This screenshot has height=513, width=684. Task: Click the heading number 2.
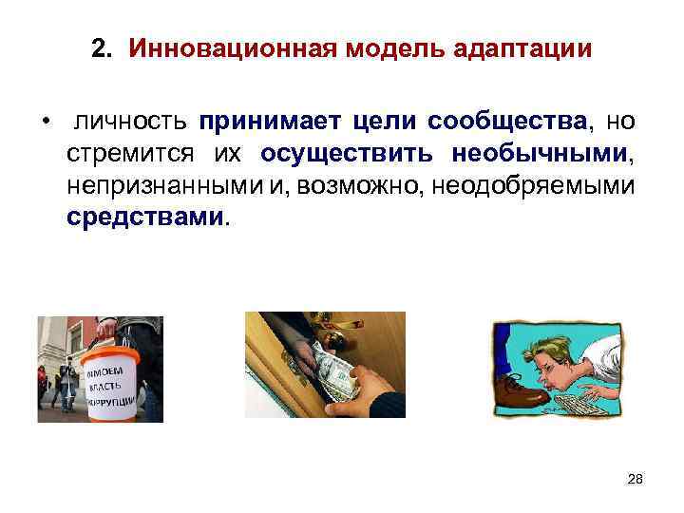(101, 48)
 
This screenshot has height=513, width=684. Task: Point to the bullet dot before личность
(45, 123)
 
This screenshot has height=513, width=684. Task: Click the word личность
(129, 123)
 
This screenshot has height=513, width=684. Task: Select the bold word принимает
(271, 123)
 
